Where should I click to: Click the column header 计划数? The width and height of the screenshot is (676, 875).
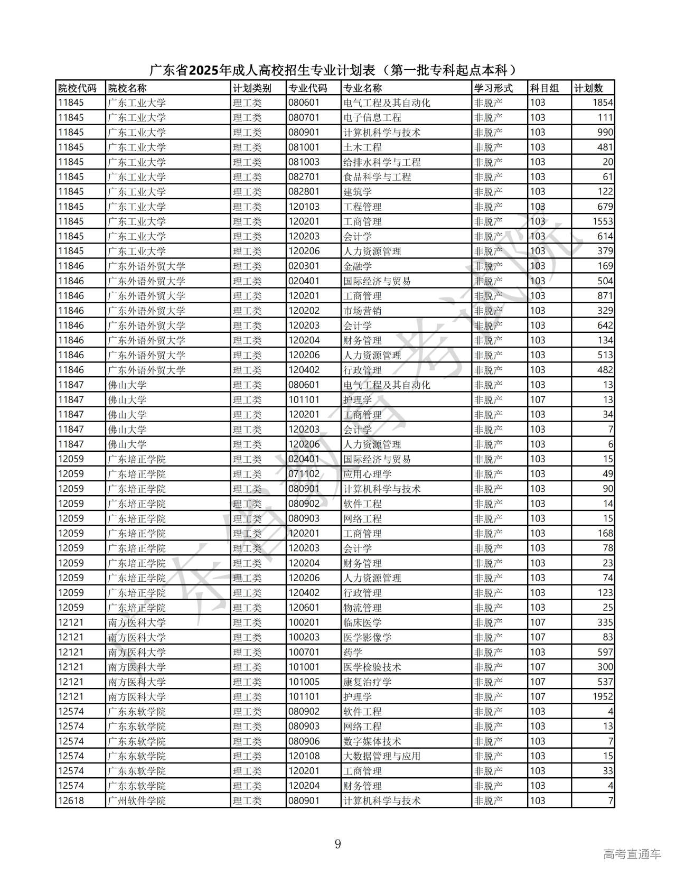tap(588, 88)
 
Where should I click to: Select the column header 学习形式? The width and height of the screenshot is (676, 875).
tap(493, 88)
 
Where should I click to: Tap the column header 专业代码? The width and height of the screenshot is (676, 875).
tap(307, 88)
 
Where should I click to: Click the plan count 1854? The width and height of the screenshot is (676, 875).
tap(603, 103)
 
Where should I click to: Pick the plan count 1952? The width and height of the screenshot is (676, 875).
tap(603, 696)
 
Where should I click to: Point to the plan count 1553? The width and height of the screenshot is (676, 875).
tap(603, 221)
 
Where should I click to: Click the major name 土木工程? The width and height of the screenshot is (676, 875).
tap(362, 147)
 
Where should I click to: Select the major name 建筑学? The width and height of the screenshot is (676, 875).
tap(358, 192)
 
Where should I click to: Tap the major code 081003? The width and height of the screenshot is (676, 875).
tap(304, 162)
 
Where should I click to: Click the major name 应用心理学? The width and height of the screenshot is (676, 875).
tap(367, 474)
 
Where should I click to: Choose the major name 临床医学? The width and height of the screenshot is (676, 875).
tap(362, 622)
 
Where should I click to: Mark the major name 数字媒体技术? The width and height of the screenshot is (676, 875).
tap(372, 741)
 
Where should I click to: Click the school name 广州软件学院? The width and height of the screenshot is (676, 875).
tap(137, 800)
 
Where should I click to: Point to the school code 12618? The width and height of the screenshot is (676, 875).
tap(71, 800)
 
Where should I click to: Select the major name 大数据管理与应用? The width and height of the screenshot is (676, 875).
tap(382, 756)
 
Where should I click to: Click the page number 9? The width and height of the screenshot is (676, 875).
tap(338, 844)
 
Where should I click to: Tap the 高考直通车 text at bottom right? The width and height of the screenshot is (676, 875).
tap(632, 854)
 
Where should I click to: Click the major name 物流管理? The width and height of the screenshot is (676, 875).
tap(362, 608)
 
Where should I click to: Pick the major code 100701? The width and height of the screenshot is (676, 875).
tap(304, 652)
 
